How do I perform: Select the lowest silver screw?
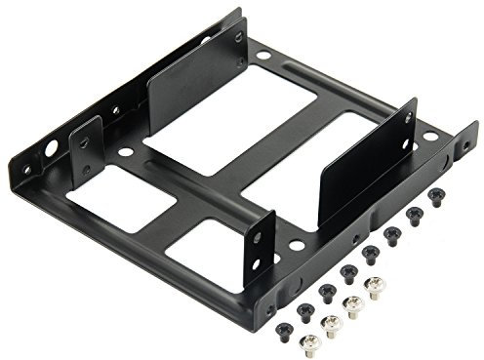pyautogui.click(x=309, y=340)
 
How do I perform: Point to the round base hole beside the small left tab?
pyautogui.click(x=124, y=152)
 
